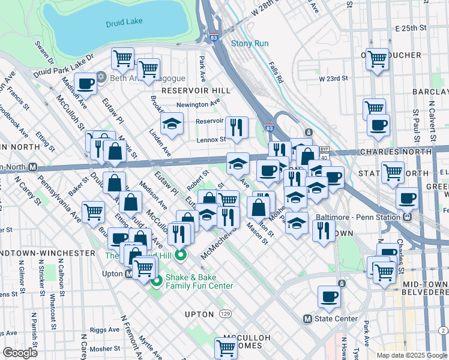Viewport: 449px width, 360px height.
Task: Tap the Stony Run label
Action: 250,43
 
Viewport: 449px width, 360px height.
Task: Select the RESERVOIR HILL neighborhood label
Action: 187,90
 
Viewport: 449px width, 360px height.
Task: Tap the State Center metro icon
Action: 308,319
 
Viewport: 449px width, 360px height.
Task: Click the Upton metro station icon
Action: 128,274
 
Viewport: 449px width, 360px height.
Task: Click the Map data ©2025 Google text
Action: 411,355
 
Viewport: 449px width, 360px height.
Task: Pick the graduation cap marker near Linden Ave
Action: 172,124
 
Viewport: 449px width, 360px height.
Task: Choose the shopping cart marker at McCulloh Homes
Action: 226,346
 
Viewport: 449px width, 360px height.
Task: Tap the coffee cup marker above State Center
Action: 329,296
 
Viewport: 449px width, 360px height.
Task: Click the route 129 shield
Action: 224,314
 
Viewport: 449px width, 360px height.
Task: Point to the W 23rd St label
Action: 334,79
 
